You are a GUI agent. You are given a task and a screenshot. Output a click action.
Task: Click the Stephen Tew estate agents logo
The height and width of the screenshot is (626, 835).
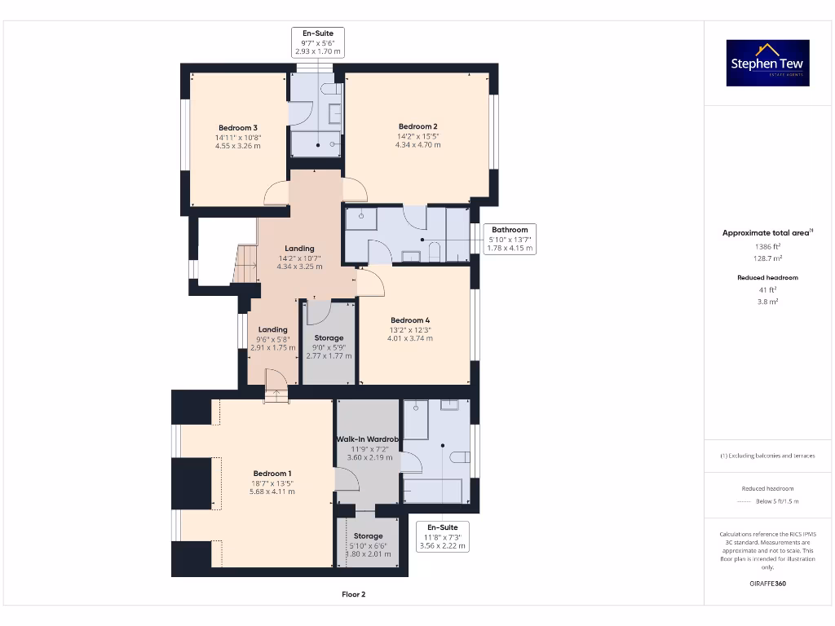[767, 64]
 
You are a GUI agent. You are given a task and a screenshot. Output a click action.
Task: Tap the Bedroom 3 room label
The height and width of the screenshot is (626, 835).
[238, 128]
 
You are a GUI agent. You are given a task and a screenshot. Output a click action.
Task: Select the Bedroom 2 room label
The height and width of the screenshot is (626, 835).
[417, 126]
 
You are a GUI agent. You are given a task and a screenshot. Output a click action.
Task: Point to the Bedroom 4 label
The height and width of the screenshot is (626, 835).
[410, 320]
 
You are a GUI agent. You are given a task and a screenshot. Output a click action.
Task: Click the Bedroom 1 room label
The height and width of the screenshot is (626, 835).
[272, 474]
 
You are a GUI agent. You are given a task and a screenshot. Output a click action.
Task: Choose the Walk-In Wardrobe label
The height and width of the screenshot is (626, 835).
[366, 439]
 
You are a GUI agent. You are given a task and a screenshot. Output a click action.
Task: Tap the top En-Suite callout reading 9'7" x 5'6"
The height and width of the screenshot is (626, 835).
[317, 42]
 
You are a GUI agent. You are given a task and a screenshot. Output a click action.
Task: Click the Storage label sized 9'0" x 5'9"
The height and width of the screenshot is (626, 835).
[329, 337]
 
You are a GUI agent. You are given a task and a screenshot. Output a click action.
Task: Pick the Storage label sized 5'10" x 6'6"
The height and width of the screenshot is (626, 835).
[369, 536]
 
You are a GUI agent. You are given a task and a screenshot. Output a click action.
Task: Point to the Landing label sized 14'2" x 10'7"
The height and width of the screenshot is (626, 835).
[299, 249]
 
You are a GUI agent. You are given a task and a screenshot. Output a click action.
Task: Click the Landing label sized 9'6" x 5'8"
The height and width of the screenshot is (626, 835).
[273, 330]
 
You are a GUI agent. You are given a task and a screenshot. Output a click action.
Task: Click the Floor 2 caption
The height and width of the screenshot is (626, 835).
[353, 594]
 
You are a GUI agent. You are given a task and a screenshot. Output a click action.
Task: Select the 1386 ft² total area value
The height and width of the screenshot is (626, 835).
[767, 245]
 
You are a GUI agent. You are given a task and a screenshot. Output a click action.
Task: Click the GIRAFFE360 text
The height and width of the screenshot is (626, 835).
[767, 583]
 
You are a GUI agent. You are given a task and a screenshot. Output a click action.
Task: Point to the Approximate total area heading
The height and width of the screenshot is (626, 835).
[767, 233]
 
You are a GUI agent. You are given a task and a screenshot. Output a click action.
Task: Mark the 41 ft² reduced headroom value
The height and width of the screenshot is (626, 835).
[767, 289]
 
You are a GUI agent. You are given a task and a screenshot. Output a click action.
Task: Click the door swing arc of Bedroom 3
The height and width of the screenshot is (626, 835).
[276, 194]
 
